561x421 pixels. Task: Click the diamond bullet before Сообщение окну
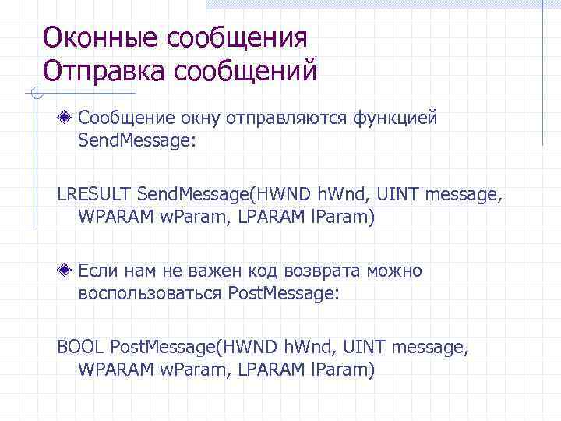68,119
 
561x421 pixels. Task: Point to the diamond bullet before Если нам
68,271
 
